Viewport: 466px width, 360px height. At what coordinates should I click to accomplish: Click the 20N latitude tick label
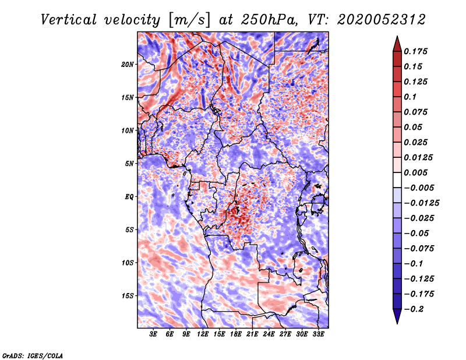pos(128,64)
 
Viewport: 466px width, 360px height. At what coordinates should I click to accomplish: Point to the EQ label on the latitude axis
pos(129,197)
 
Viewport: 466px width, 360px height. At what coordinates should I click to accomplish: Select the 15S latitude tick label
pos(128,296)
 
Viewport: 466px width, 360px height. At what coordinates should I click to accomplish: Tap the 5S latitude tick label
pos(129,230)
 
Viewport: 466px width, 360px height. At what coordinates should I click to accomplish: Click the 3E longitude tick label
pos(154,335)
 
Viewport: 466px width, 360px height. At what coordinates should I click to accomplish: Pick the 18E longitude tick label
pos(236,335)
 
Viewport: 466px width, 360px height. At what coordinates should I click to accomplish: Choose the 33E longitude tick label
pos(319,335)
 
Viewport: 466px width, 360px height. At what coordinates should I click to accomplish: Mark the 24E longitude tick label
pos(269,335)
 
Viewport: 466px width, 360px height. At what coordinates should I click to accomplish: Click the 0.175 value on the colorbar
pos(417,51)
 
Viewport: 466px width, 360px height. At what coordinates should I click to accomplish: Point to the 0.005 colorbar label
pos(417,172)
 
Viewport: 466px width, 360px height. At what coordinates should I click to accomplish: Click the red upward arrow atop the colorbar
pos(397,42)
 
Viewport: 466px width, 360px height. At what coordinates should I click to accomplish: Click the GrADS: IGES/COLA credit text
pos(32,355)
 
